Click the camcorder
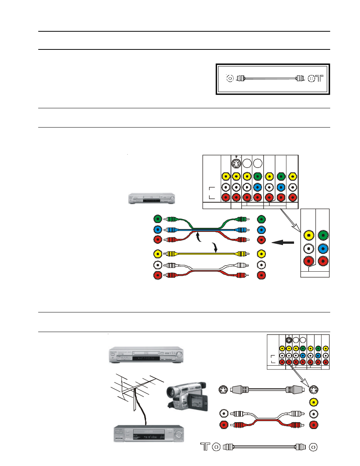187,396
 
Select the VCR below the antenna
149,434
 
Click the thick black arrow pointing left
283,242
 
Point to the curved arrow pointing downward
215,248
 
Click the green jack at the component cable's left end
158,219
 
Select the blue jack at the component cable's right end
261,230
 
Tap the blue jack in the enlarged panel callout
323,249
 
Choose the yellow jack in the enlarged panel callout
309,235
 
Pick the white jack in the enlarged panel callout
309,249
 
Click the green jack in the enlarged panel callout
323,235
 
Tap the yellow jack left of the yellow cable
158,254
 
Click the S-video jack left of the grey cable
224,390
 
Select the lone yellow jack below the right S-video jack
313,402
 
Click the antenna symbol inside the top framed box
319,78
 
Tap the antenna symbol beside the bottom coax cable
205,447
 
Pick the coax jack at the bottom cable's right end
313,447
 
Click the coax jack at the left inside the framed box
230,78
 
